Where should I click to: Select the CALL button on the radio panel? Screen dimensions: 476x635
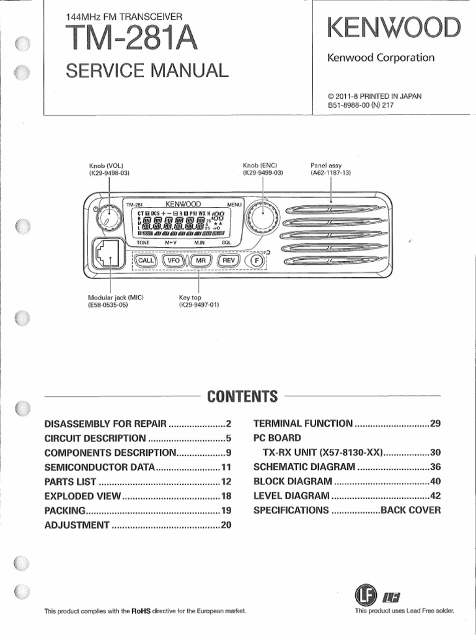tap(146, 261)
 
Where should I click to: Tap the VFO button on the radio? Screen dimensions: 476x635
tap(174, 261)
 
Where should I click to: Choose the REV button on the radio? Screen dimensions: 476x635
tap(229, 261)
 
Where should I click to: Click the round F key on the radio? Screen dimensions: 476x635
tap(254, 262)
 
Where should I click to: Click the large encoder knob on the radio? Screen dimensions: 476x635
tap(261, 216)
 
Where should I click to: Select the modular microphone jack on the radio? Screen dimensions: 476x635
tap(105, 254)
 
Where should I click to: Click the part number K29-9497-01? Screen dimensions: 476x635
tap(199, 305)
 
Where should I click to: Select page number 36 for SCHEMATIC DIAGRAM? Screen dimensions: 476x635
tap(435, 467)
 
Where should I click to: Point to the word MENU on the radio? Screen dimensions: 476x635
tap(235, 204)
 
